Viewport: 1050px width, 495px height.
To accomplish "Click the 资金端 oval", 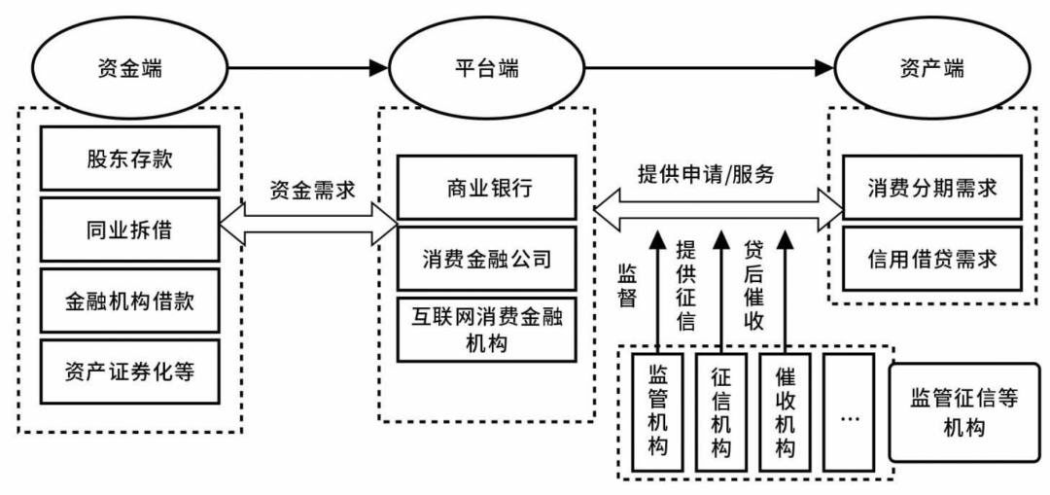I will [x=128, y=68].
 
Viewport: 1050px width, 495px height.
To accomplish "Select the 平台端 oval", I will [x=486, y=68].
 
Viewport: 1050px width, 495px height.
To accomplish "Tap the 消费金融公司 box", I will [x=486, y=260].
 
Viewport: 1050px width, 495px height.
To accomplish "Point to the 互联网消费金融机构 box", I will [x=486, y=331].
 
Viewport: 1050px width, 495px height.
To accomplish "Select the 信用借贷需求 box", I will [x=932, y=261].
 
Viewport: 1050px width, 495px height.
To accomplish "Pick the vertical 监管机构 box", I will [x=656, y=413].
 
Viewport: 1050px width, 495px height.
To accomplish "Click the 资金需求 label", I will [x=309, y=190].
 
